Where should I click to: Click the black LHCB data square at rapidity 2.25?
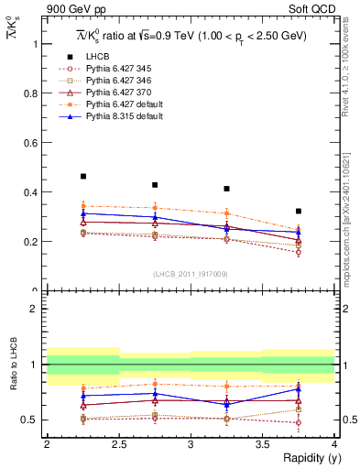pos(83,176)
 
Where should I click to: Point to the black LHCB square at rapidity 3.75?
pos(299,211)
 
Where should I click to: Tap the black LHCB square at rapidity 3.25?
pos(227,189)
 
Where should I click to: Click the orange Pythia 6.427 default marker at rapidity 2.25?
pos(83,206)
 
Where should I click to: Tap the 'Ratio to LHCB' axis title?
pos(11,367)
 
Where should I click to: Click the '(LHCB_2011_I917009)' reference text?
pos(191,274)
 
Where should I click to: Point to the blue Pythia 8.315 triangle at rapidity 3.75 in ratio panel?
pos(299,389)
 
